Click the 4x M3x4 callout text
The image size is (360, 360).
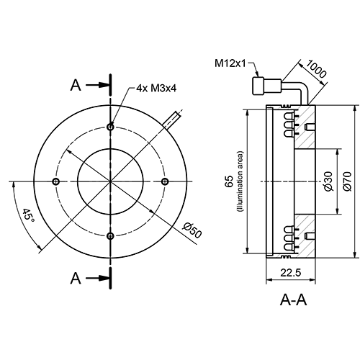pyautogui.click(x=156, y=89)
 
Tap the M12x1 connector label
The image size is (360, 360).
pyautogui.click(x=230, y=63)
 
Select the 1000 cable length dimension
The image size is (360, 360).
pyautogui.click(x=316, y=70)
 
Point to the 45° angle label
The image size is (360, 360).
pyautogui.click(x=28, y=215)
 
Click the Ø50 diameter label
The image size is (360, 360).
pyautogui.click(x=192, y=230)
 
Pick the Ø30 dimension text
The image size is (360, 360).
pyautogui.click(x=328, y=181)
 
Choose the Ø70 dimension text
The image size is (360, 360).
pyautogui.click(x=347, y=181)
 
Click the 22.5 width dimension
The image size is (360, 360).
pyautogui.click(x=291, y=273)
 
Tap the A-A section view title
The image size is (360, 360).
pyautogui.click(x=293, y=300)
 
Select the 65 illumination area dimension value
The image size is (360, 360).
pyautogui.click(x=229, y=181)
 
